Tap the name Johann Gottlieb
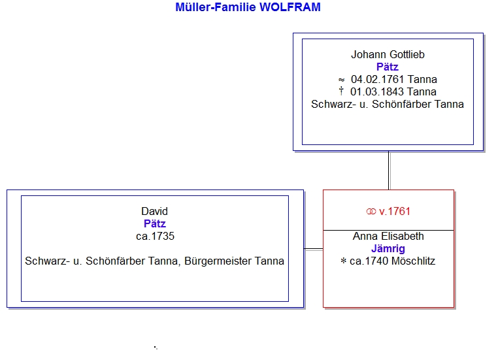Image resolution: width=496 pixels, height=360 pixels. pos(388,54)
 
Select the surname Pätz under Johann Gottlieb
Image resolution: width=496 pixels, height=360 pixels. pos(388,67)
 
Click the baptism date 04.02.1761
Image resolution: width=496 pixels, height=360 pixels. pos(378,79)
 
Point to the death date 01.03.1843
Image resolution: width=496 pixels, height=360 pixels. pos(377,91)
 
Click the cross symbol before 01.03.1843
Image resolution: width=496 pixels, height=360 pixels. pos(341,91)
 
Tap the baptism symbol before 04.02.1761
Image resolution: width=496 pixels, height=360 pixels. pos(341,80)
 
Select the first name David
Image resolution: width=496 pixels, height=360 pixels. pos(154,211)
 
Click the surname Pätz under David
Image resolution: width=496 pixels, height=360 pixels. pos(155,223)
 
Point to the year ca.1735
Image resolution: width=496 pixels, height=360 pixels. pos(155,236)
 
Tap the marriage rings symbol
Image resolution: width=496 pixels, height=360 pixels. pos(371,211)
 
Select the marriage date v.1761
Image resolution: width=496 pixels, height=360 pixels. pos(395,211)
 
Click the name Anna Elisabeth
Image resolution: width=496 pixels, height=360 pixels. pos(388,236)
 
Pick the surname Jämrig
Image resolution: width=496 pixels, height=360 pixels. pos(388,249)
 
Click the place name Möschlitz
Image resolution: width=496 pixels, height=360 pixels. pos(413,261)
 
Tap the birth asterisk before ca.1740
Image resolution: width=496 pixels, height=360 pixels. pos(344,261)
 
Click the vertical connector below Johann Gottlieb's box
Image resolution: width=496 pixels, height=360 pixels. pos(389,170)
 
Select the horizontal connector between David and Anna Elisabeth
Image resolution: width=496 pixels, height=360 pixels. pos(313,250)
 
